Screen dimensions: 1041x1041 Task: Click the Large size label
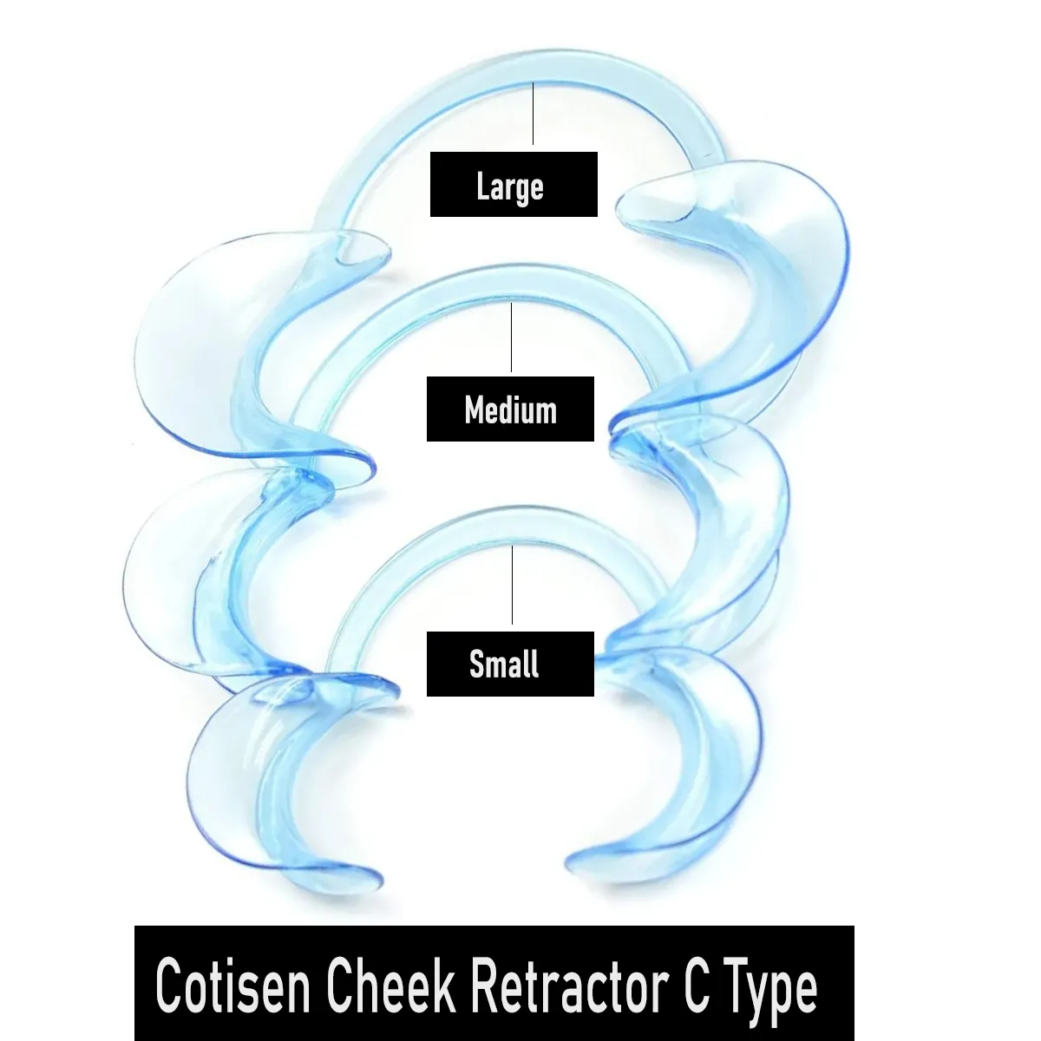[514, 185]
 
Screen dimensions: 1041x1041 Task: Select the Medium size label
[510, 409]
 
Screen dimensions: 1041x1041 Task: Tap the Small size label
[510, 664]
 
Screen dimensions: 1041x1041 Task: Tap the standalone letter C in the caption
[697, 985]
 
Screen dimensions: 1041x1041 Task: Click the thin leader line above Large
[533, 113]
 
